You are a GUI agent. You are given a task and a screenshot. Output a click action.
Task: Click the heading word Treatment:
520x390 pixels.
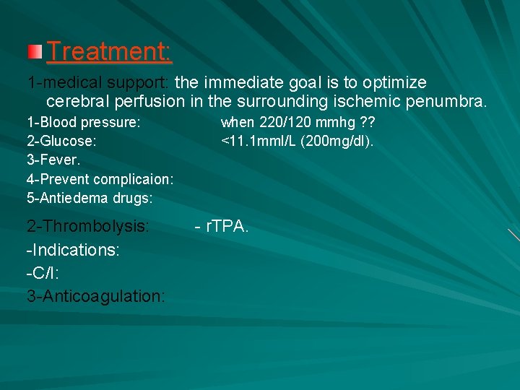109,52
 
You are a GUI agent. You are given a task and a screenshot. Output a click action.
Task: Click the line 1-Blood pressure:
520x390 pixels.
84,122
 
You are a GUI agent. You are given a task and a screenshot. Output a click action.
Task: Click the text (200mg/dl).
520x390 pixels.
337,141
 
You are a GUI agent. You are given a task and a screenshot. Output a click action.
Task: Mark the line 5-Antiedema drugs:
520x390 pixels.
90,197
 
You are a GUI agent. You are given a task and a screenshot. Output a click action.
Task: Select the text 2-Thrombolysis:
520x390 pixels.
88,226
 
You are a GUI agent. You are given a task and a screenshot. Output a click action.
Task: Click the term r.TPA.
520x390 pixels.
227,226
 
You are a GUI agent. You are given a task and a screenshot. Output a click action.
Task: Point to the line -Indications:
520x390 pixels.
73,249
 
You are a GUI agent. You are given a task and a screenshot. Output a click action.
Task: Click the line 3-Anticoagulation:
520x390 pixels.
96,295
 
